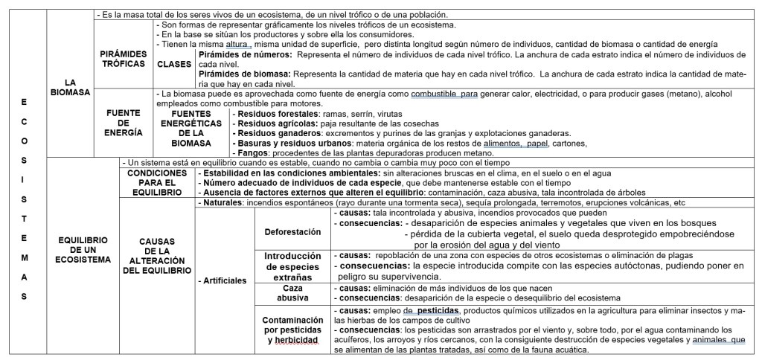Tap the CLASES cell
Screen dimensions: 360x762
coord(174,64)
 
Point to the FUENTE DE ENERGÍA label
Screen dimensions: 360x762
coord(123,122)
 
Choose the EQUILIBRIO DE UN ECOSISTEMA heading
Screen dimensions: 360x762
coord(83,249)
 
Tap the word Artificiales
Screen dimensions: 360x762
coord(224,280)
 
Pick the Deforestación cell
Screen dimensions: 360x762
coord(292,231)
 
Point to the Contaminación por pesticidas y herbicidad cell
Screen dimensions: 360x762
coord(292,329)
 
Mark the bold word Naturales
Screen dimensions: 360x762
coord(222,202)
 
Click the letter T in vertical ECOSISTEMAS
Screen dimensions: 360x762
coord(25,219)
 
